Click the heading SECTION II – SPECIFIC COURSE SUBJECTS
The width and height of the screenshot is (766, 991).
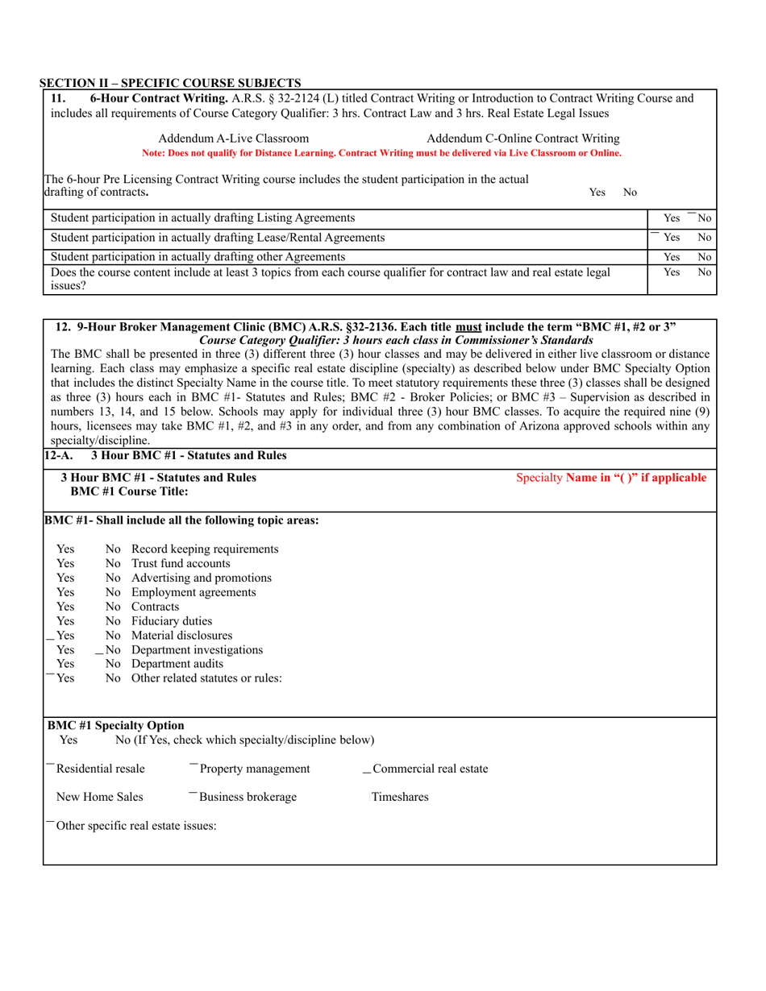click(171, 83)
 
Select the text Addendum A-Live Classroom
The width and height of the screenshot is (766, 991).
click(233, 139)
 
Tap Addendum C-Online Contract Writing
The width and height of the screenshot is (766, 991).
click(522, 139)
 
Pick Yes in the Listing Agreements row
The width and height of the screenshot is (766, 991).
click(671, 218)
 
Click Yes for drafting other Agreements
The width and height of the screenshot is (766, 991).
click(671, 257)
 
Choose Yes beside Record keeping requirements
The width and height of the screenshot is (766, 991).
click(65, 549)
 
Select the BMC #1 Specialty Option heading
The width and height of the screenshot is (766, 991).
click(116, 725)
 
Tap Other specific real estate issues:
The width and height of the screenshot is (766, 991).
click(136, 826)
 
